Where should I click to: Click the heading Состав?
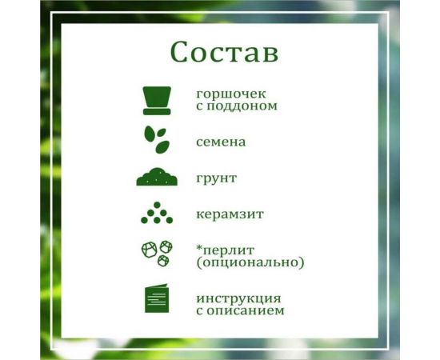[x=224, y=52]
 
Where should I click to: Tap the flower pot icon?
[x=157, y=99]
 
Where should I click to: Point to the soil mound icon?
[x=157, y=177]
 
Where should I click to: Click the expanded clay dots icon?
[x=157, y=214]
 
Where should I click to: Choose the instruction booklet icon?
[x=157, y=299]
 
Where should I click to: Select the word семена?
[x=221, y=142]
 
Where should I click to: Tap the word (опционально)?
[x=250, y=262]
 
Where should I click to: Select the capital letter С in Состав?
[x=182, y=52]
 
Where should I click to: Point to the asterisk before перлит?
[x=199, y=246]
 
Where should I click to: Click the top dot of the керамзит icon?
[x=157, y=206]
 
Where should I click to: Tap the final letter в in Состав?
[x=270, y=54]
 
